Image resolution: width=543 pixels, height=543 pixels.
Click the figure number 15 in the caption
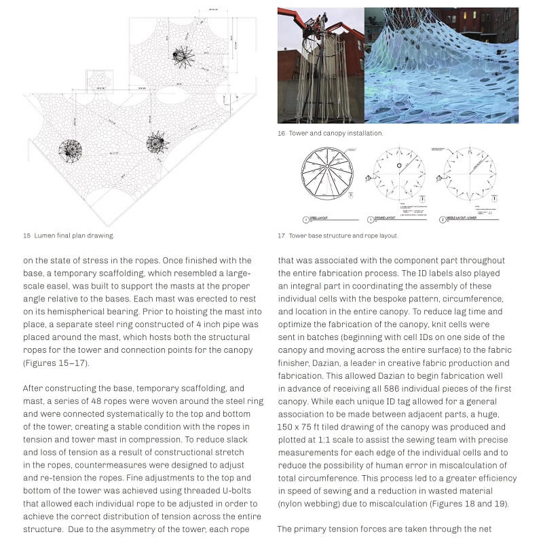[26, 236]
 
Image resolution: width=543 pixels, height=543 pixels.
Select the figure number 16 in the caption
[281, 133]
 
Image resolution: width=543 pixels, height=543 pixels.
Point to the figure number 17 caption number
[281, 236]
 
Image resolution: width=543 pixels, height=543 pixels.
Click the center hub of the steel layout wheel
[327, 170]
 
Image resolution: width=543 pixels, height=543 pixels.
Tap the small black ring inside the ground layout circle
[400, 165]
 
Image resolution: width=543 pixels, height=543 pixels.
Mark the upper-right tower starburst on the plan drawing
[183, 56]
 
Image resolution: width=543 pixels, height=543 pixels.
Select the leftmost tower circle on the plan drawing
[70, 149]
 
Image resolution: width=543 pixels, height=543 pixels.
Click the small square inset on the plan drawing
[99, 79]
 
